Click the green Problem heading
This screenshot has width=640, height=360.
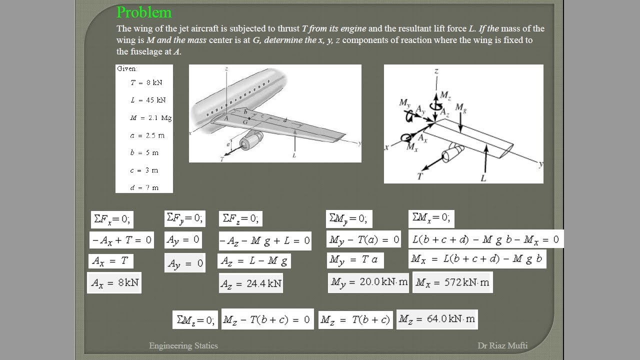pos(144,12)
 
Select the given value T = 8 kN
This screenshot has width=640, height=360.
pos(146,82)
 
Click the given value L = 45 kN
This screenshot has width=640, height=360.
pos(148,100)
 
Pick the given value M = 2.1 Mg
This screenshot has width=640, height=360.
pos(150,118)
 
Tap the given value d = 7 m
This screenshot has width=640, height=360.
pos(144,187)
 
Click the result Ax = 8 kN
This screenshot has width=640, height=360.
pos(114,283)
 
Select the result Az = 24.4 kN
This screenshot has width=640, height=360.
pos(250,283)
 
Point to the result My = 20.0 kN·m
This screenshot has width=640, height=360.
pos(368,282)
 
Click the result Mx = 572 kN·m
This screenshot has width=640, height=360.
pos(452,282)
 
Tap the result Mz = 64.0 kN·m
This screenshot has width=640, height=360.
pos(437,319)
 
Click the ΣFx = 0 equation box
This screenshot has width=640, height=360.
pos(112,219)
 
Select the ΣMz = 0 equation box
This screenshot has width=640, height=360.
pos(195,320)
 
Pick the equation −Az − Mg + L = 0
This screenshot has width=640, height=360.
pos(265,240)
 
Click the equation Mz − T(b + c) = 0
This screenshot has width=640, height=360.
pos(267,319)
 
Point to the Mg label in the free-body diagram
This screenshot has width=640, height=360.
pos(460,108)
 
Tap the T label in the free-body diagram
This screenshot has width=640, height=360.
pos(419,175)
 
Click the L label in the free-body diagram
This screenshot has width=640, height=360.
pos(483,177)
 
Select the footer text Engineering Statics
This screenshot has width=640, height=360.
pos(183,345)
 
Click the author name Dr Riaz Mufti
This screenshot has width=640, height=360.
pos(502,345)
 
